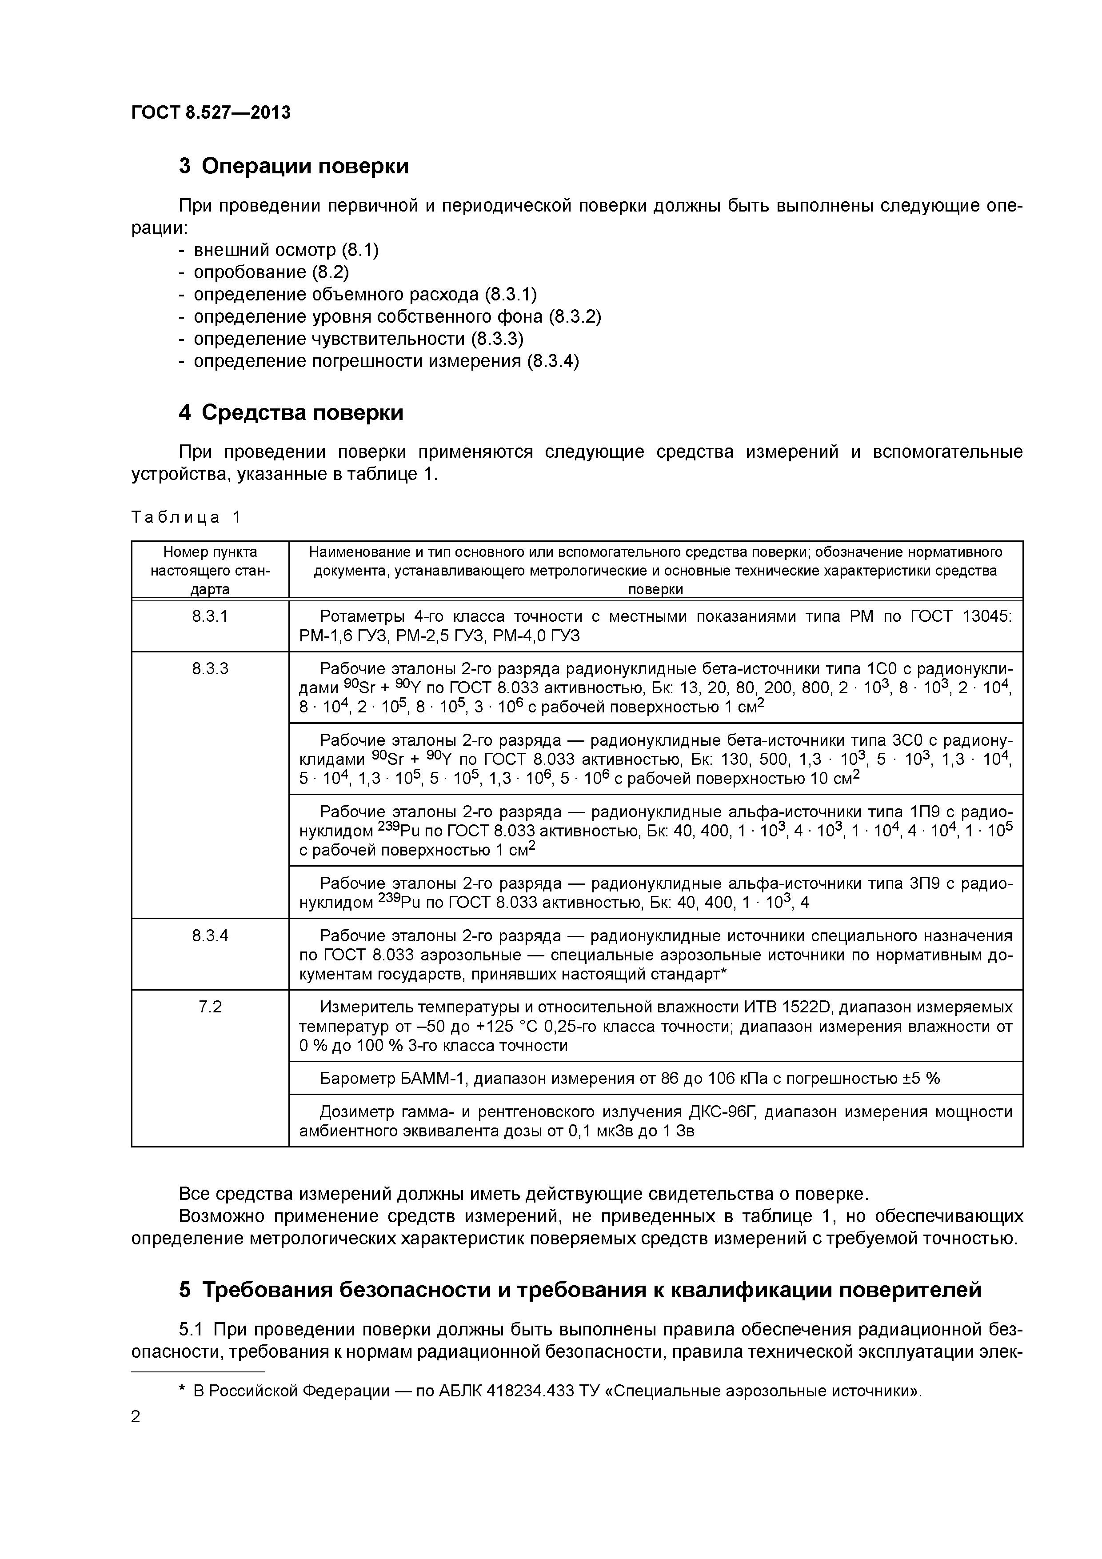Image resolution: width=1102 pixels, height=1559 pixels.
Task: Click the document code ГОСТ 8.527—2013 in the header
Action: [x=211, y=113]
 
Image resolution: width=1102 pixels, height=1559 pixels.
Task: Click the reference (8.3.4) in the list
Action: [x=553, y=361]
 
